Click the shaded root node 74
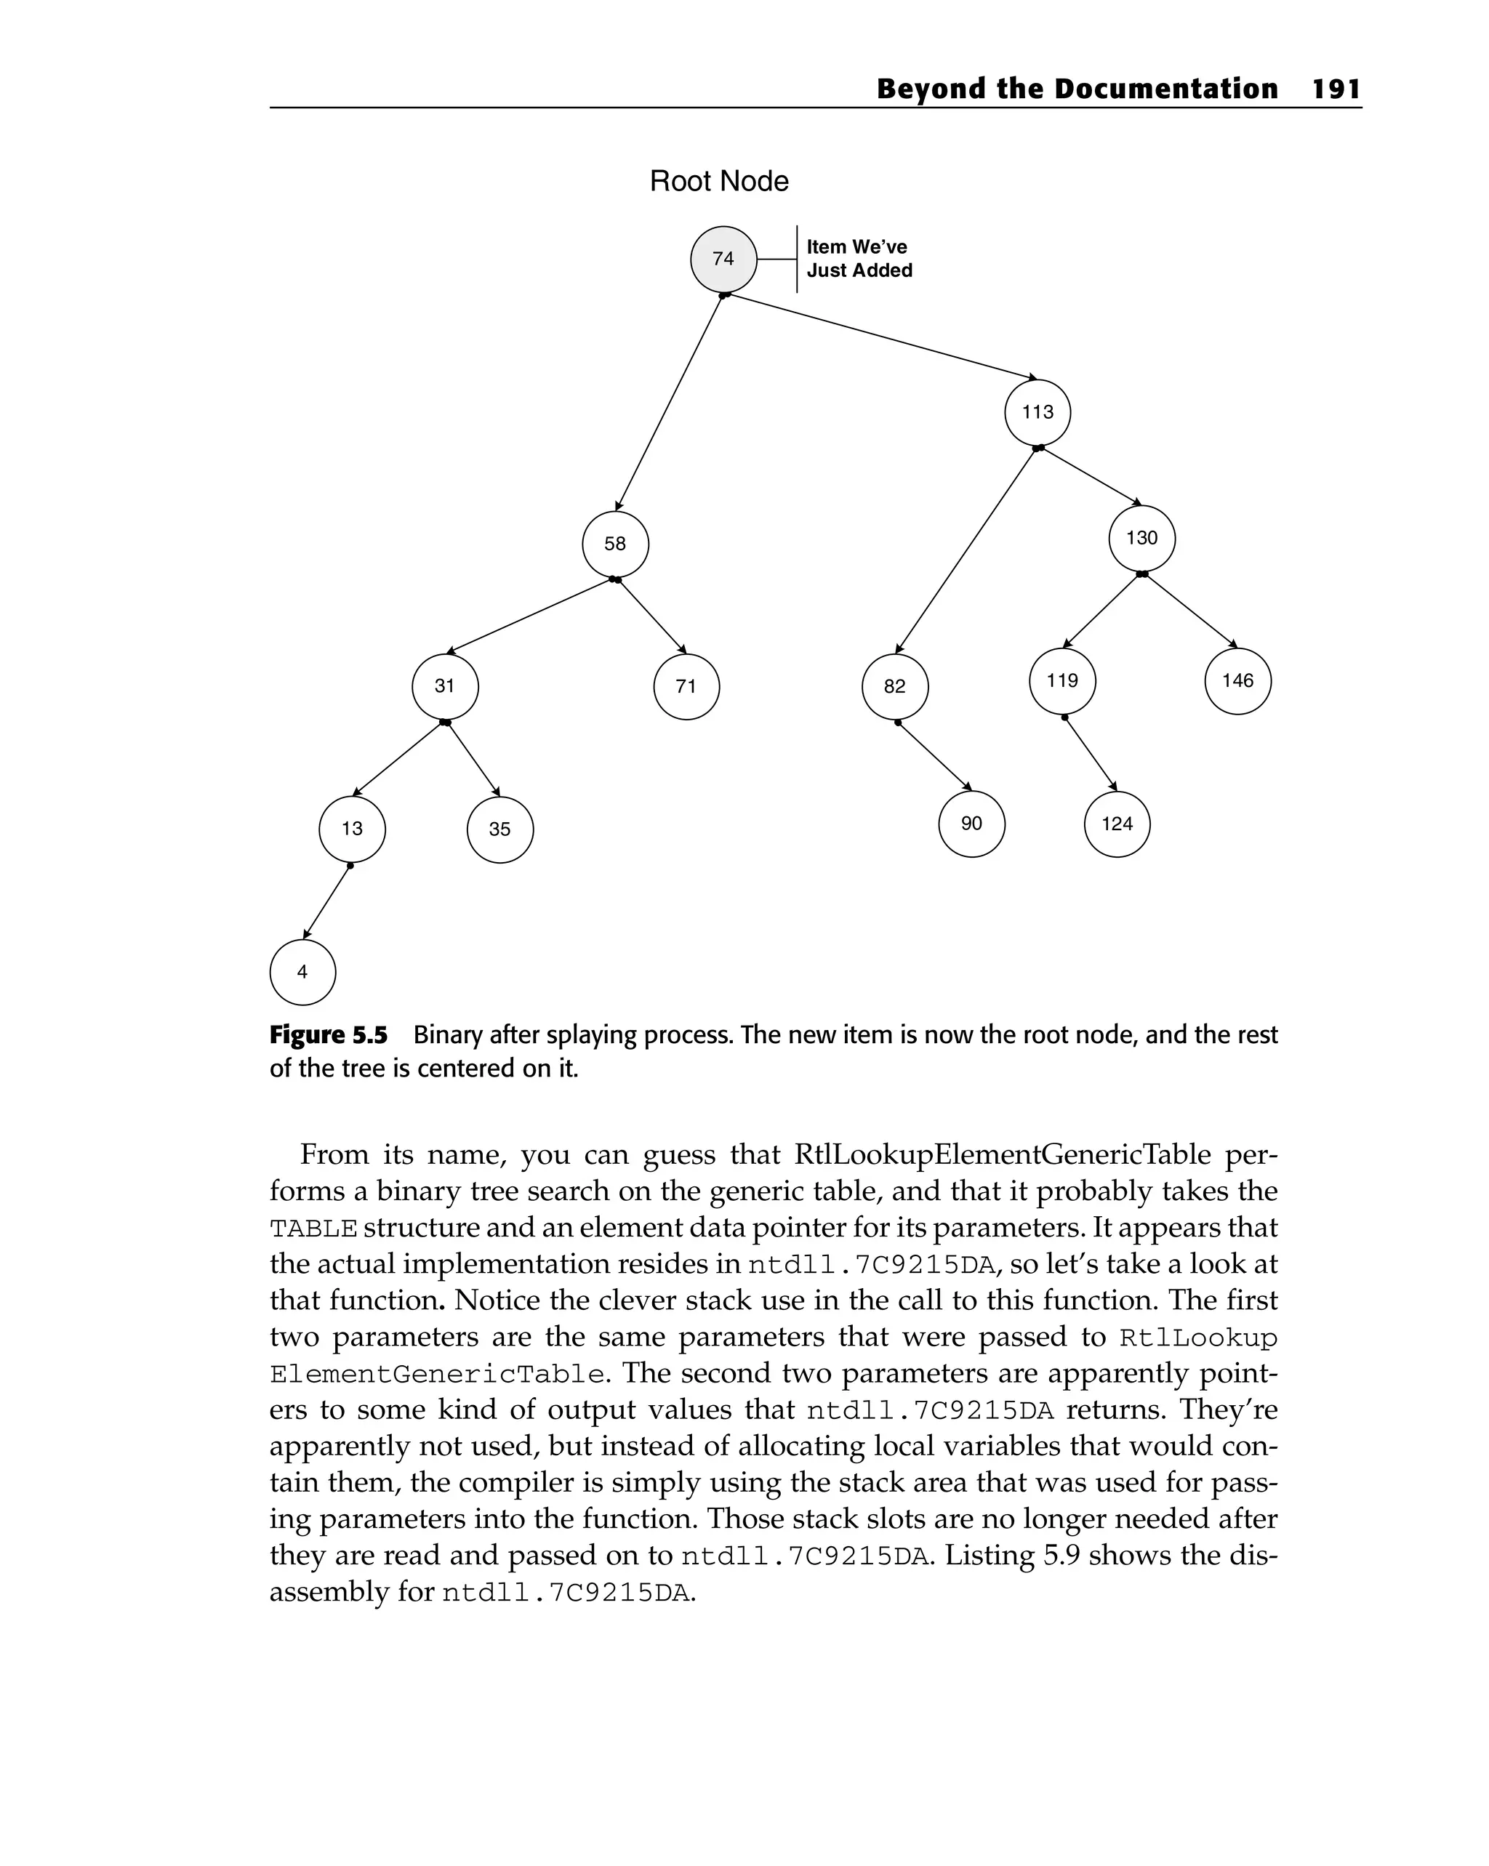(723, 259)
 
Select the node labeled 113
(1037, 413)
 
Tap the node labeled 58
(614, 544)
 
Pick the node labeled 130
(1141, 539)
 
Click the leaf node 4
(302, 972)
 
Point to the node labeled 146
(1237, 681)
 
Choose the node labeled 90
(971, 824)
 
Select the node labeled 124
(1117, 824)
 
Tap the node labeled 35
(499, 829)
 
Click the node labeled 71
(686, 686)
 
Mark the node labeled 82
(894, 686)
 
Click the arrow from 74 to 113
(883, 337)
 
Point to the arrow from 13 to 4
(326, 902)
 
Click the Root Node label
(718, 182)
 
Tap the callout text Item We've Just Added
(858, 259)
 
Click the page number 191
(1336, 89)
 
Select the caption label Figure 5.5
(328, 1035)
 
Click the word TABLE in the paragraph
(313, 1229)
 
